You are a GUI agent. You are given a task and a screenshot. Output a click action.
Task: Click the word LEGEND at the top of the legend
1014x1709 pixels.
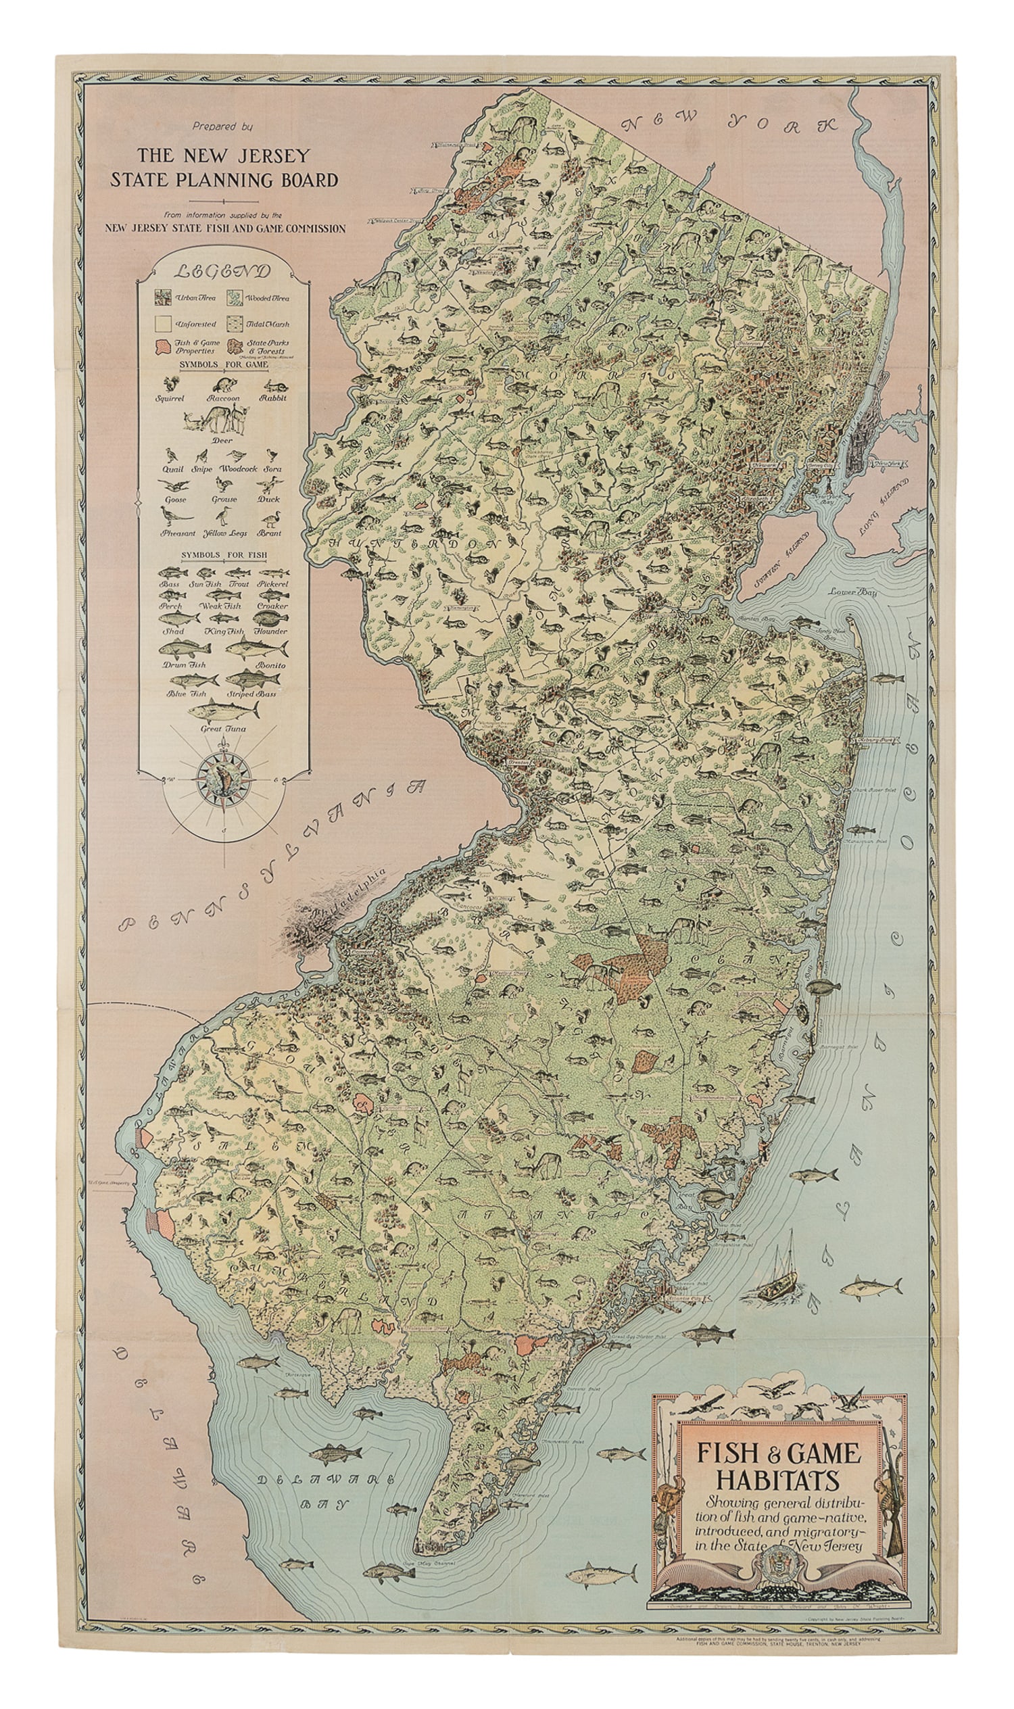point(223,270)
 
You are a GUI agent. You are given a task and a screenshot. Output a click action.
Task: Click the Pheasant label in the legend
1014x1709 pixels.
point(178,533)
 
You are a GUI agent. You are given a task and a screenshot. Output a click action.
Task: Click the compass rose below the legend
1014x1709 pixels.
point(224,779)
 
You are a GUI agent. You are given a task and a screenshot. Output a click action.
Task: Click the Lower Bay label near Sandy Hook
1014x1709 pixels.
point(853,592)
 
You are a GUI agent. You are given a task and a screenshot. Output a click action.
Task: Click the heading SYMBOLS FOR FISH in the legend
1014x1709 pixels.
point(224,555)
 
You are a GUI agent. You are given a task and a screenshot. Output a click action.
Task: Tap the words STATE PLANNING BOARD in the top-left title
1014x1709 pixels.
point(224,180)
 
